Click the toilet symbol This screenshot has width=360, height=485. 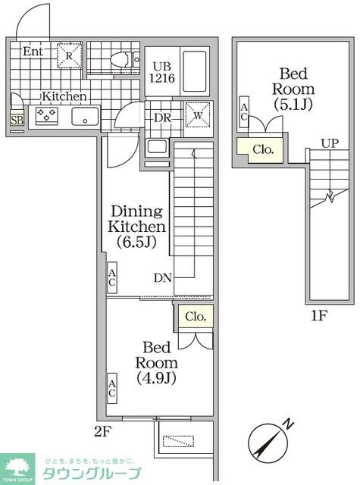119,59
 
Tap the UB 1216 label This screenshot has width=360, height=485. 161,71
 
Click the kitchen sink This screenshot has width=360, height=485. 83,116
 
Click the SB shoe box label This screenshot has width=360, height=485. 16,119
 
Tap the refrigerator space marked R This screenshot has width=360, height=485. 67,56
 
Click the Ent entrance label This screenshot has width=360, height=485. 32,52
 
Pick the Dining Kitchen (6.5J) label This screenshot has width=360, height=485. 137,225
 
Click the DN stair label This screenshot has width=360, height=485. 162,278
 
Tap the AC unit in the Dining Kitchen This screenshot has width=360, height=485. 111,278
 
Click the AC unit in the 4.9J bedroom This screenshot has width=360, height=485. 111,388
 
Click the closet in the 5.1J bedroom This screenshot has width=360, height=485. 262,149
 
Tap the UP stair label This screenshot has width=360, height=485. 329,143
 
